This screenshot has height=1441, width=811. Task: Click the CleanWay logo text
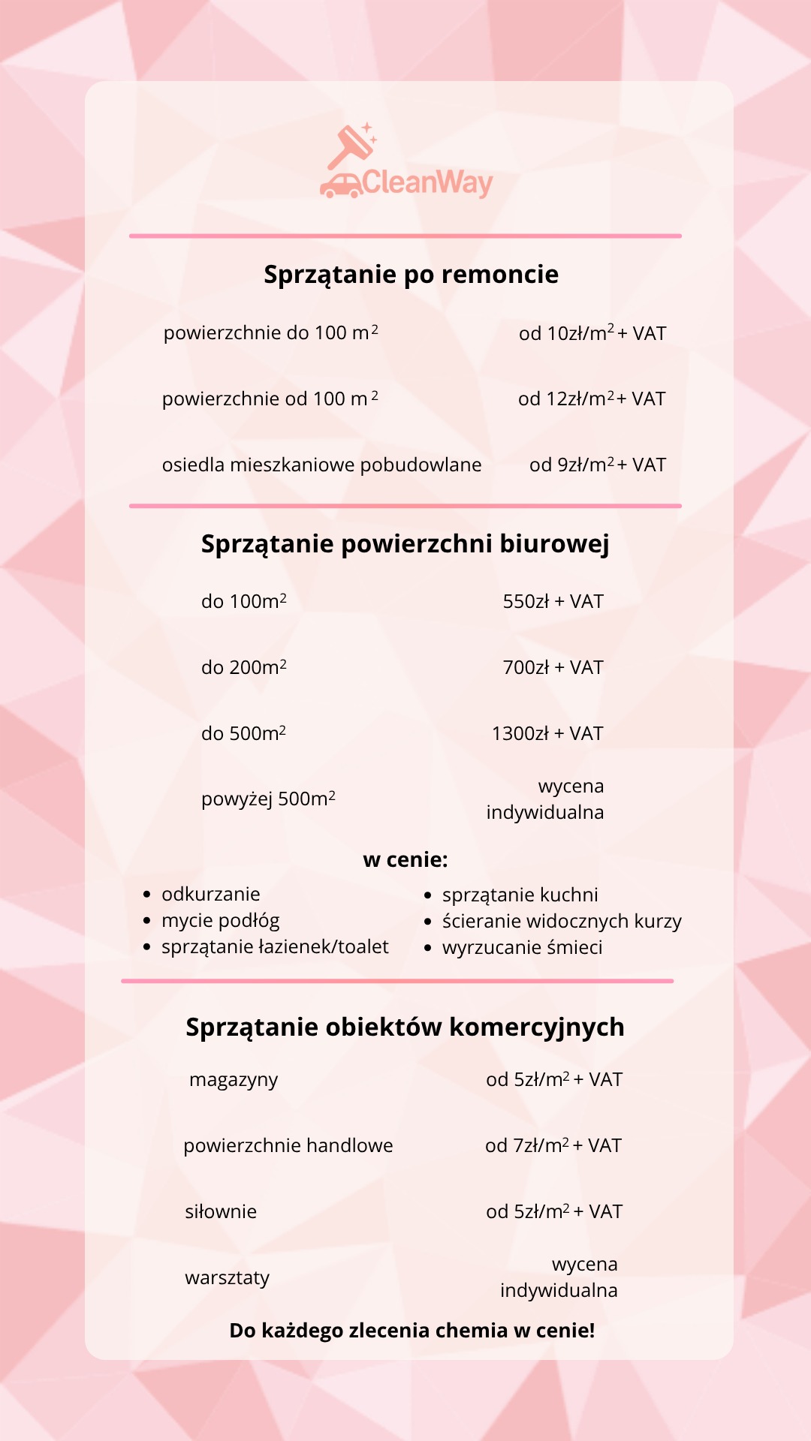[427, 182]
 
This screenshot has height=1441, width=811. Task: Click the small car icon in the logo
[341, 186]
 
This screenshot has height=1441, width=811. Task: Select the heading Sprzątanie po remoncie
[411, 275]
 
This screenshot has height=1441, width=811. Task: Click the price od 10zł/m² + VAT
[592, 333]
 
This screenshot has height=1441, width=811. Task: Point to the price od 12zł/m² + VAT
[592, 399]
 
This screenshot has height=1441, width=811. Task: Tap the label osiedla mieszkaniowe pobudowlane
[321, 465]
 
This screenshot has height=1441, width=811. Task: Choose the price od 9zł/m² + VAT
[597, 465]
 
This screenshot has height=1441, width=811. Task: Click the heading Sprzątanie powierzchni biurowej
[405, 543]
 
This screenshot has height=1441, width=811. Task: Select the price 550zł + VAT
[553, 601]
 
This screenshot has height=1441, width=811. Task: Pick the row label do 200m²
[243, 667]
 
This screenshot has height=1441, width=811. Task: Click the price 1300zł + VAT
[547, 733]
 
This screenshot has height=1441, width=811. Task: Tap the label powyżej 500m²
[268, 799]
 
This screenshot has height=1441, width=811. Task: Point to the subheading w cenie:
[405, 859]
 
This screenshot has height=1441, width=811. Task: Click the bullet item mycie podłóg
[220, 920]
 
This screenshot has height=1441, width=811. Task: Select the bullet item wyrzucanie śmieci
[522, 947]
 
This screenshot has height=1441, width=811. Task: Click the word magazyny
[234, 1079]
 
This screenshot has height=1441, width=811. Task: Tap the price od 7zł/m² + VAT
[553, 1145]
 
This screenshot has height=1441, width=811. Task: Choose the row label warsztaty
[227, 1277]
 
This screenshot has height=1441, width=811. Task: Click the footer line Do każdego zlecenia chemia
[412, 1330]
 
